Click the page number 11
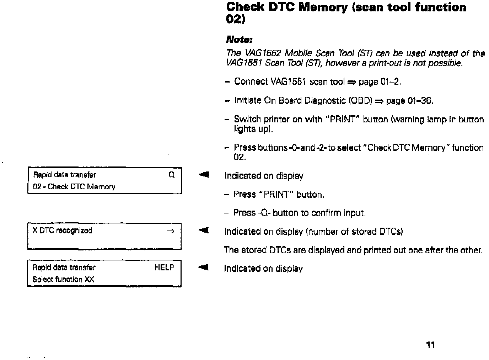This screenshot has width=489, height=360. pyautogui.click(x=430, y=345)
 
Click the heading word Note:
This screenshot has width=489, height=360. pyautogui.click(x=239, y=39)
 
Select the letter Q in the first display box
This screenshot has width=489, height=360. pyautogui.click(x=172, y=175)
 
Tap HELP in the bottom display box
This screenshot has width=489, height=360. pyautogui.click(x=164, y=268)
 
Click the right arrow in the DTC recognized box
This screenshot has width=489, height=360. pyautogui.click(x=170, y=231)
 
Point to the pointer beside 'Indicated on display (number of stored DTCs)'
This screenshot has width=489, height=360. pyautogui.click(x=204, y=231)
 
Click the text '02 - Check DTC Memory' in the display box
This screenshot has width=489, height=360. pyautogui.click(x=74, y=187)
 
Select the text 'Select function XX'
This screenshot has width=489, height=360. pyautogui.click(x=63, y=279)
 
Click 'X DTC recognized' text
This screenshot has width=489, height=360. pyautogui.click(x=62, y=231)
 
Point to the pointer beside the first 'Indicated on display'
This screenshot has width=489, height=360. pyautogui.click(x=204, y=175)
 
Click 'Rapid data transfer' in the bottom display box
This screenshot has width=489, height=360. pyautogui.click(x=64, y=268)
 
